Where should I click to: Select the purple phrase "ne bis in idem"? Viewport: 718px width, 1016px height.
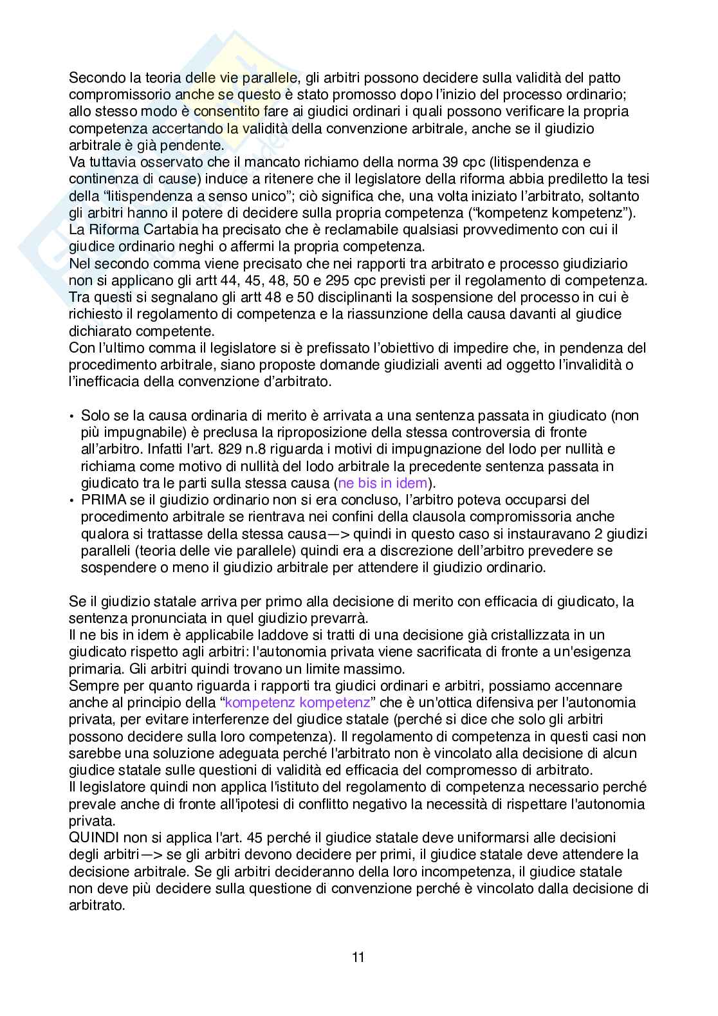point(383,483)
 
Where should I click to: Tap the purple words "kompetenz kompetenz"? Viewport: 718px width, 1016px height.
point(297,703)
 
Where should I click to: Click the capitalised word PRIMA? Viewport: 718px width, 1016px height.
point(100,499)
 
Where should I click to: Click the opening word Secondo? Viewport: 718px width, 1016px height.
point(93,78)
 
